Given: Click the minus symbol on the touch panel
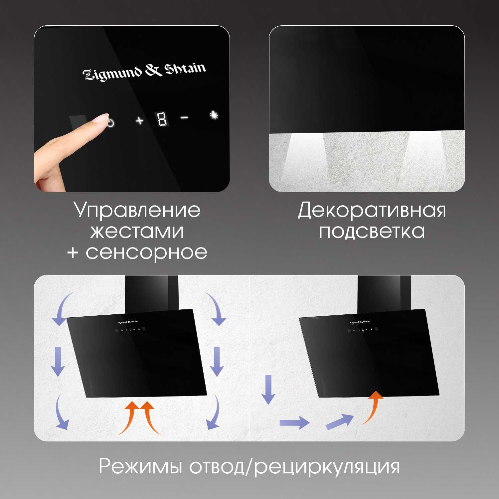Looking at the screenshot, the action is point(184,117).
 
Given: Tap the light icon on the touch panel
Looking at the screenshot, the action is point(214,115).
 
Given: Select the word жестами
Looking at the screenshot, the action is point(137,231).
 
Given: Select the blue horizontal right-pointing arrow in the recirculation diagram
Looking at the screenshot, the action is point(294,423).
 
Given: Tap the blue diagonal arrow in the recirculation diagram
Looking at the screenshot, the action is point(339,421).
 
